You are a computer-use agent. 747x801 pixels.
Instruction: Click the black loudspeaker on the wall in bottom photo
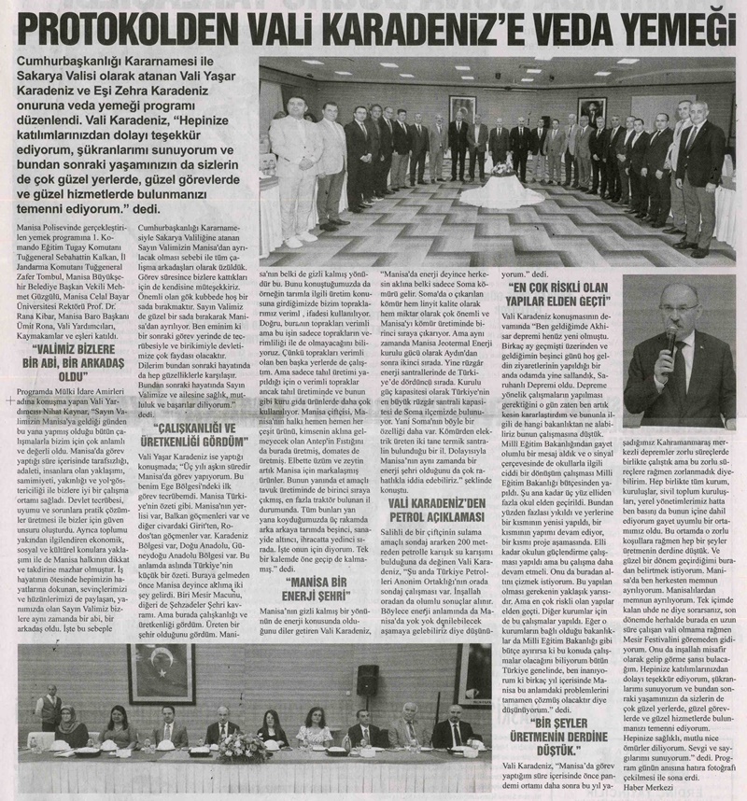(x=368, y=653)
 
